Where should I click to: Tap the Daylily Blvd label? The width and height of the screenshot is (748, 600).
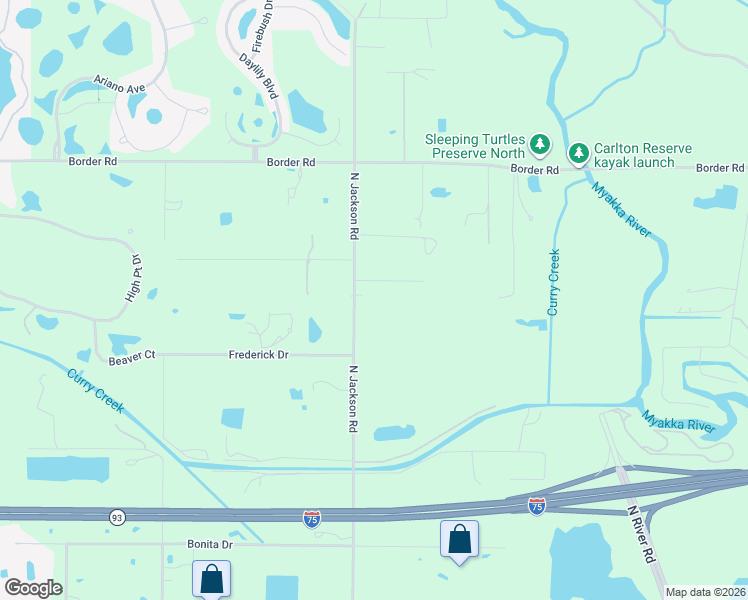pos(257,74)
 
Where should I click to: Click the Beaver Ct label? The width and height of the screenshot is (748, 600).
pos(132,355)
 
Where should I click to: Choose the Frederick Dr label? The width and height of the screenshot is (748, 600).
pos(258,355)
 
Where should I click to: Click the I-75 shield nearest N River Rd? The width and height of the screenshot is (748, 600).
pos(537,507)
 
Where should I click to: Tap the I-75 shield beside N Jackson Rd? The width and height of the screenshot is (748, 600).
pos(312,517)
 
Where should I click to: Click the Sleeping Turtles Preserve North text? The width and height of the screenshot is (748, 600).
pos(475,146)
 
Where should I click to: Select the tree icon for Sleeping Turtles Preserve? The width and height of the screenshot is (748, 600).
pos(540,146)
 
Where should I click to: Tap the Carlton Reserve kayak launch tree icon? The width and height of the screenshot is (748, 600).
pos(578,153)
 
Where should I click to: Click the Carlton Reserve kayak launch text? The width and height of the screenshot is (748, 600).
pos(642,154)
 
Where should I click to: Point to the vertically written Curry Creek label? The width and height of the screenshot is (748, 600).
pos(554,283)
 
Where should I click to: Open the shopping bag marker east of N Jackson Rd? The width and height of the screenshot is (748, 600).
pos(459,539)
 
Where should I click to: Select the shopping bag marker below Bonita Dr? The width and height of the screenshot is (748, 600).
pos(212,578)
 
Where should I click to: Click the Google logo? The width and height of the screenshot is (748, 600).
pos(33,588)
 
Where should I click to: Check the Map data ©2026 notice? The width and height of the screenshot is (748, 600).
pos(705,592)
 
